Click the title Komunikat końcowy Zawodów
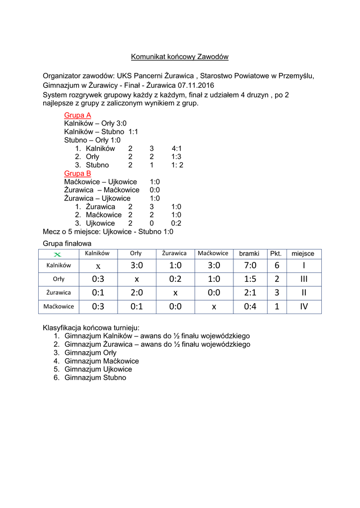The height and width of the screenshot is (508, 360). pos(180,57)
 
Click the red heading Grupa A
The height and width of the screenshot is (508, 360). pos(77,115)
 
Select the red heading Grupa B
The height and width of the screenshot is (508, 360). pos(77,173)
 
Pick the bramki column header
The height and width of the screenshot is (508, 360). pos(249,254)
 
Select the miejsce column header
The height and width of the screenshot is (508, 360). pos(303,254)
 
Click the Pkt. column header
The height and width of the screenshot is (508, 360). pos(276,254)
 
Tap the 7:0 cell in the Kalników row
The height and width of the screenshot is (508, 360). pos(250,265)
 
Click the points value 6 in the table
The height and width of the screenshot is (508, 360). pos(277,265)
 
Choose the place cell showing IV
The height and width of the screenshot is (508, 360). pos(303,307)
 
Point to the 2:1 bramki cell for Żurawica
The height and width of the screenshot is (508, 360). pos(250,293)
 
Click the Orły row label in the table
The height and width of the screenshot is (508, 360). pos(59,279)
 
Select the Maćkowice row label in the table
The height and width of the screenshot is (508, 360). pos(59,306)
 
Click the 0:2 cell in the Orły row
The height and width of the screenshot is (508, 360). pos(175,279)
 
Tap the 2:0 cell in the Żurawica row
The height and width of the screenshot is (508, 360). pos(137,293)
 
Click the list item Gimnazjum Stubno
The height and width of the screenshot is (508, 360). pos(95,378)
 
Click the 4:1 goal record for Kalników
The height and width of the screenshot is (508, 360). pos(176,148)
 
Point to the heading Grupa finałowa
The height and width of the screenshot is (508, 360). pos(67,244)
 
